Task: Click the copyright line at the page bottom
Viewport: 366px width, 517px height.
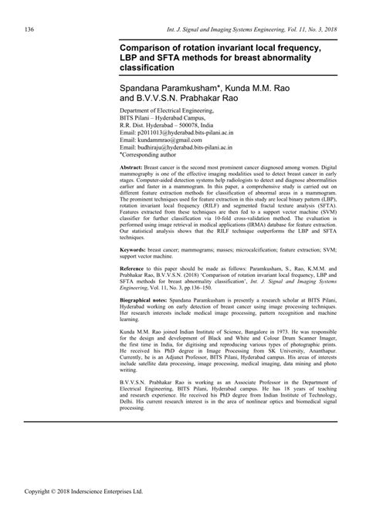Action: tap(73, 511)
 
